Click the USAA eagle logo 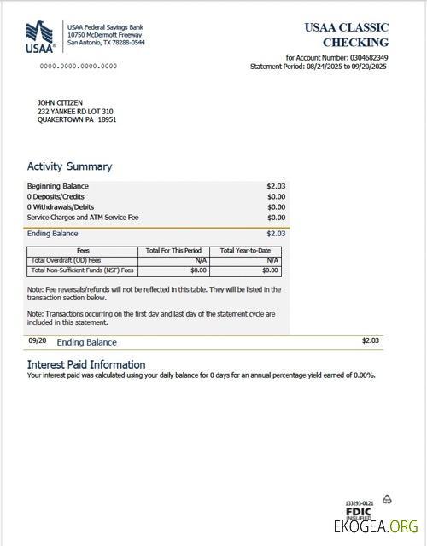(x=42, y=36)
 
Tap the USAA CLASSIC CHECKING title (x=346, y=34)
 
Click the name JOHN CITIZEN (x=60, y=103)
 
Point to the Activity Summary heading (x=69, y=166)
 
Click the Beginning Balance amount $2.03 (x=276, y=186)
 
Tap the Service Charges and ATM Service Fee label (x=83, y=217)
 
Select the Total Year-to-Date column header (x=246, y=250)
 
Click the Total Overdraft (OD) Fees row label (x=66, y=260)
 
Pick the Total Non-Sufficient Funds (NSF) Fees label (x=82, y=270)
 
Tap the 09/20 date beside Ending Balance (x=37, y=340)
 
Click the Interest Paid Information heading (x=86, y=364)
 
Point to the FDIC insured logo (x=359, y=513)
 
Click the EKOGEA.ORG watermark (x=376, y=527)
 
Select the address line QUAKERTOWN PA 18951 (x=77, y=120)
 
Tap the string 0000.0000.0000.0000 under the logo (x=79, y=66)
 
